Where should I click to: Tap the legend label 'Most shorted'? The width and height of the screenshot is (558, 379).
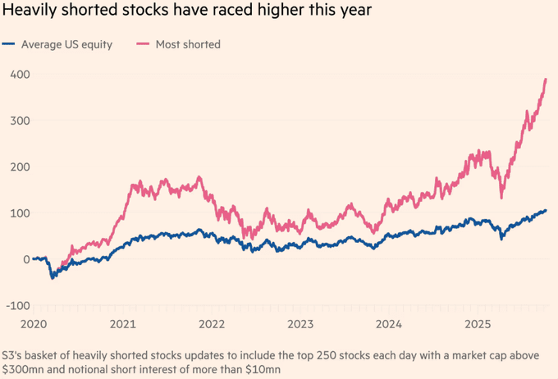point(188,44)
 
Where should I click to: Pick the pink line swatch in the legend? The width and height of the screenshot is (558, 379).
point(141,44)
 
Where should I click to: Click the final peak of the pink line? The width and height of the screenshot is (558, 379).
point(546,80)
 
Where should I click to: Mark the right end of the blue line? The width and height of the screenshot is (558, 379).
point(546,211)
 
